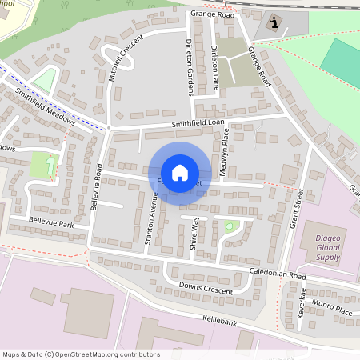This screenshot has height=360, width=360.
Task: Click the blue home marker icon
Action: pos(179,173)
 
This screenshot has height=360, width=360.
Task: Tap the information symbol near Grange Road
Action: pos(276,22)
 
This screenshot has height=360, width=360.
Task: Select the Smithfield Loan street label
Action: pos(197,123)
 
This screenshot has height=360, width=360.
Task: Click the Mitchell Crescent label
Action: pos(122,60)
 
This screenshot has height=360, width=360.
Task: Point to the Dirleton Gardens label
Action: pos(190,67)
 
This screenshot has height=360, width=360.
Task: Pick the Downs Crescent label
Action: pos(206,289)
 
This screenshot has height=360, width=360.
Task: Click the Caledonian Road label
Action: pos(276,274)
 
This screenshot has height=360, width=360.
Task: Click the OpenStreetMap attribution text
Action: pos(80,354)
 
